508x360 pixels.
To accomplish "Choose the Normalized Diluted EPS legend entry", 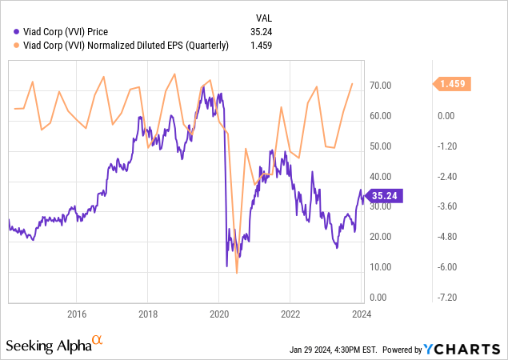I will click(121, 46).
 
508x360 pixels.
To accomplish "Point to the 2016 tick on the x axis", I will click(77, 313).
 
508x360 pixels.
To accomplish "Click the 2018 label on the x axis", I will click(148, 313).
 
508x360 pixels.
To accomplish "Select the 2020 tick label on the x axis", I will click(219, 313).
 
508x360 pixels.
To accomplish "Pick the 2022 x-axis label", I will click(290, 313).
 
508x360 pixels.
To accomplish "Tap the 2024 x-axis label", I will click(361, 313).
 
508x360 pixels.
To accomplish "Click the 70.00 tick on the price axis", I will click(380, 86).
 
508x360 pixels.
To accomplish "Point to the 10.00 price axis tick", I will click(380, 267).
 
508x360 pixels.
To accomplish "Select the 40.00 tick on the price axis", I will click(380, 177).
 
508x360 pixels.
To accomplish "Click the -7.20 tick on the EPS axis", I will click(446, 298).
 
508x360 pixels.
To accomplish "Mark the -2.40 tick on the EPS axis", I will click(446, 177).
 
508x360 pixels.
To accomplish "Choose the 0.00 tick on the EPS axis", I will click(446, 116).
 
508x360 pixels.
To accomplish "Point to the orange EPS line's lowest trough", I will click(237, 273).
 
